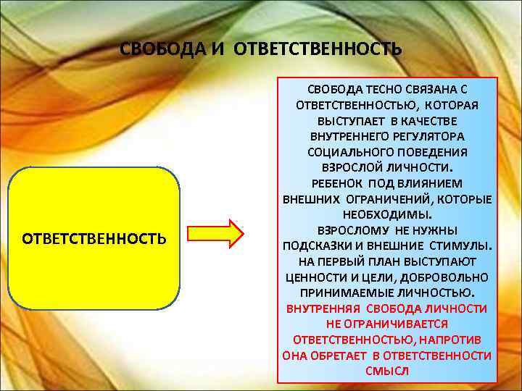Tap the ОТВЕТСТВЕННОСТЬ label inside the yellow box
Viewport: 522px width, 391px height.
pyautogui.click(x=94, y=237)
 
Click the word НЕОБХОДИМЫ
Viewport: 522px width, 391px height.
pyautogui.click(x=386, y=216)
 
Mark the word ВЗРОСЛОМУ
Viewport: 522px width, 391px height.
pyautogui.click(x=347, y=230)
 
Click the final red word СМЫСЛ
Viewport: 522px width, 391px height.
pyautogui.click(x=387, y=371)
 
